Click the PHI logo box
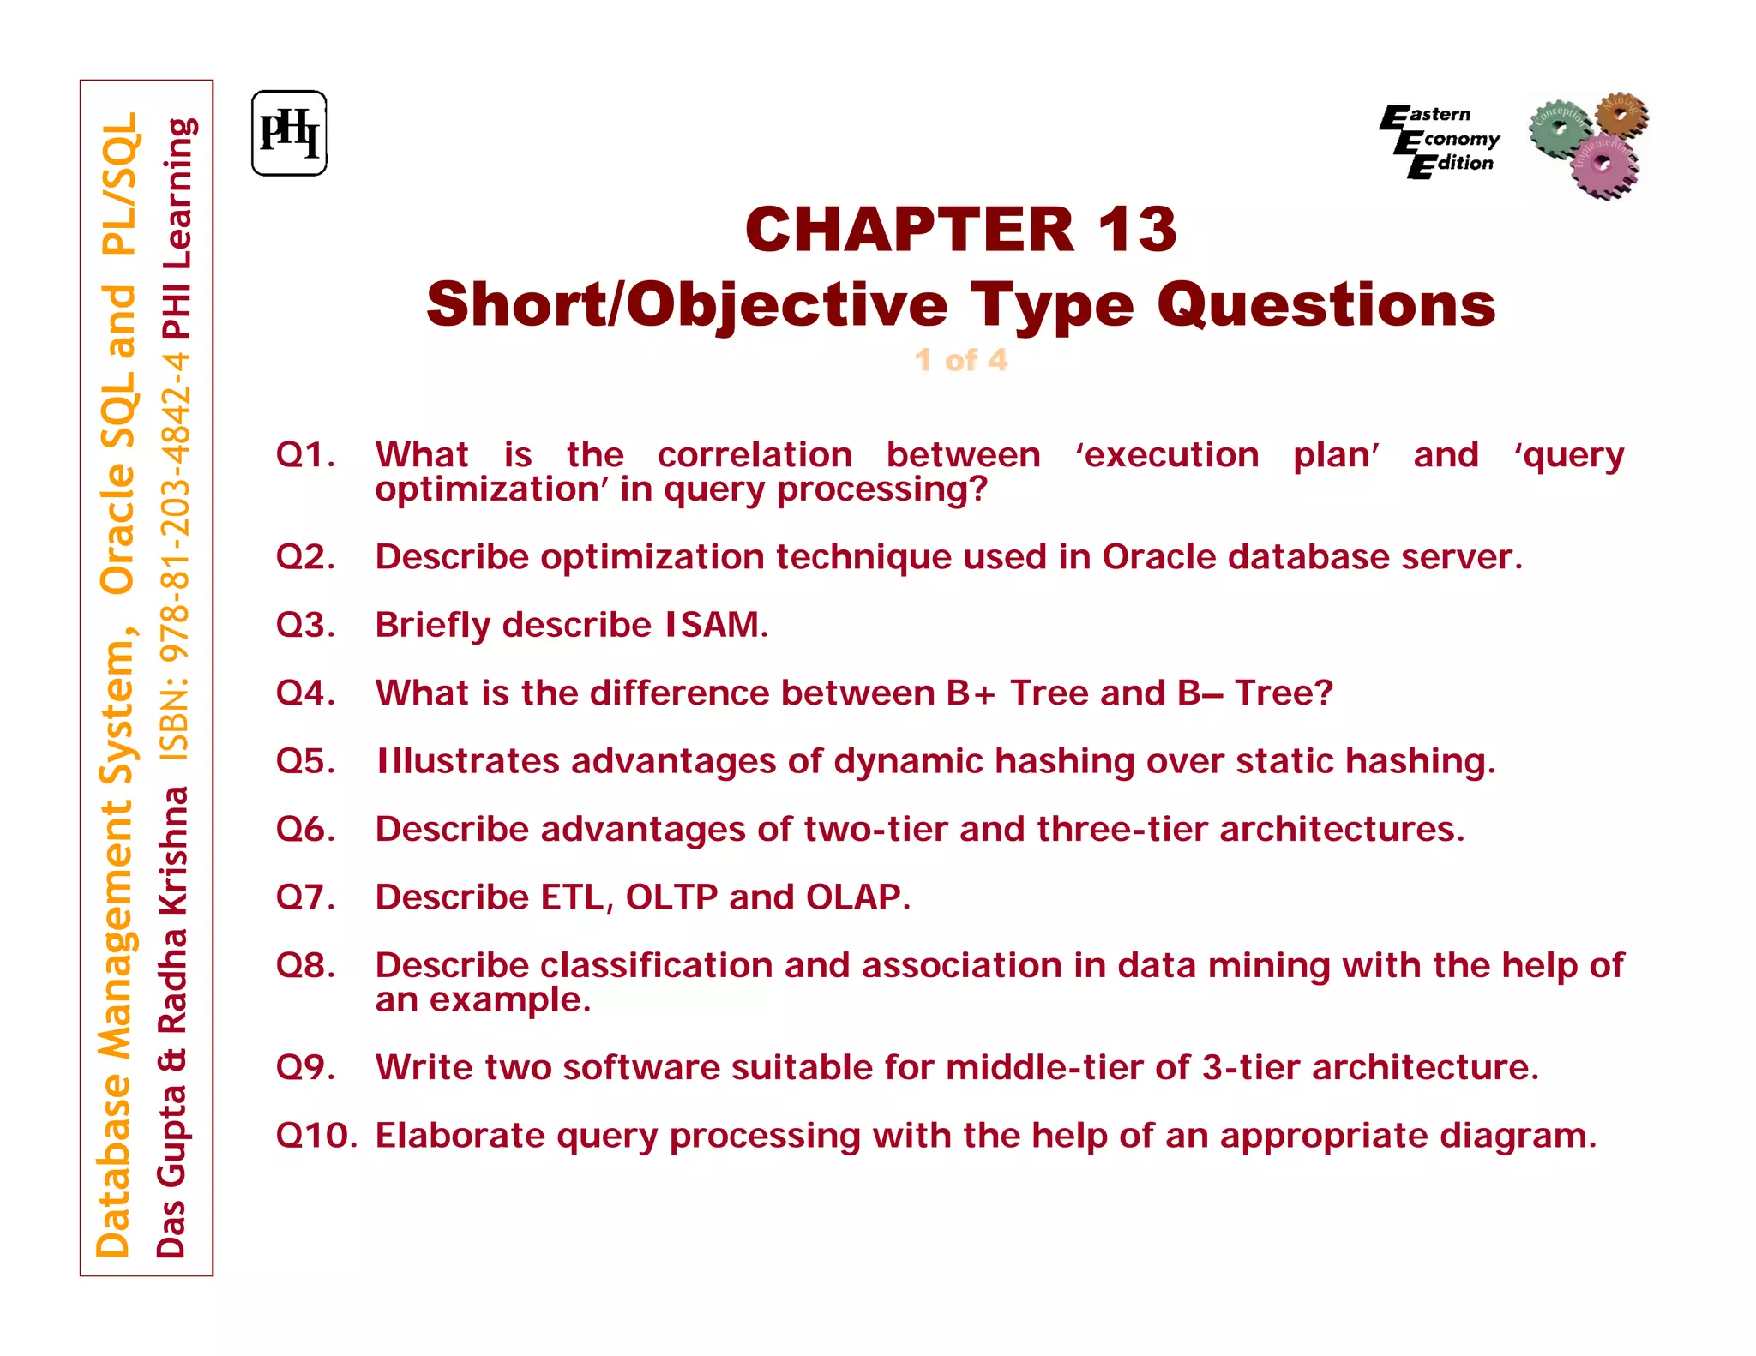tap(289, 134)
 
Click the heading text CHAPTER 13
tap(961, 230)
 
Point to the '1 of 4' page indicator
tap(961, 360)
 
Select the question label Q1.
tap(305, 455)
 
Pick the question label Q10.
tap(316, 1136)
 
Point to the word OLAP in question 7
tap(857, 897)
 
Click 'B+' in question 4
tap(971, 693)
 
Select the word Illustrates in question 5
tap(467, 761)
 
